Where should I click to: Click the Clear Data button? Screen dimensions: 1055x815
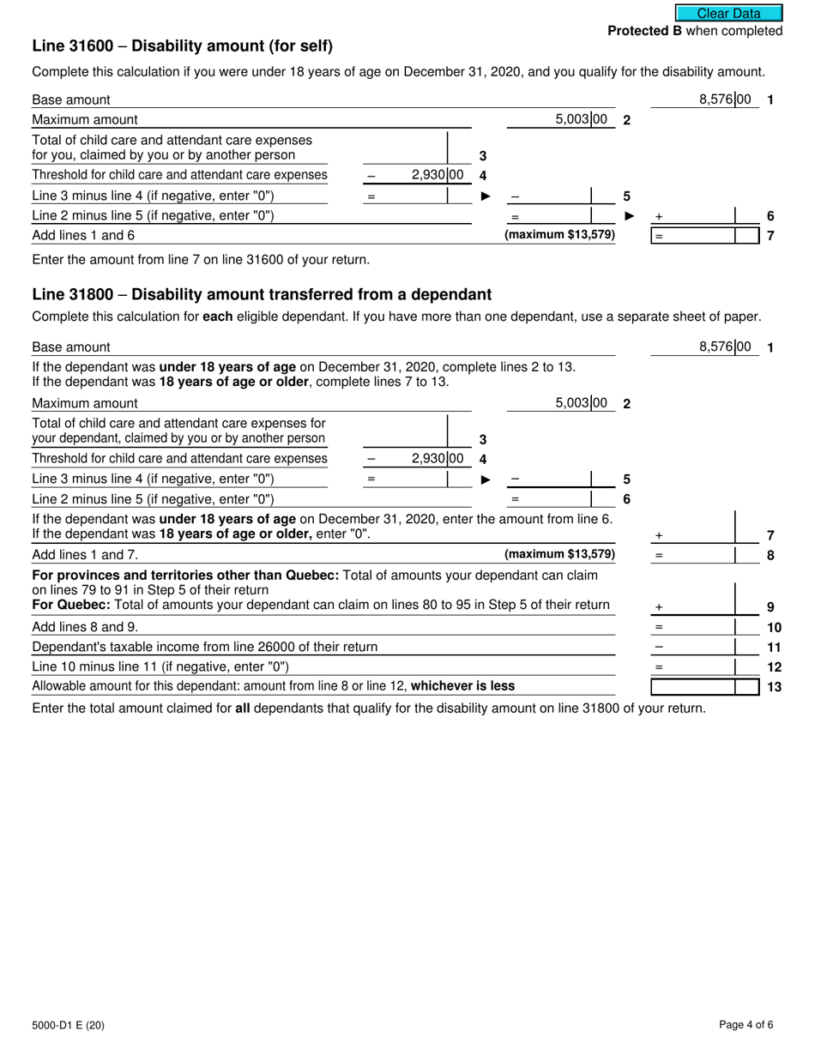(x=728, y=13)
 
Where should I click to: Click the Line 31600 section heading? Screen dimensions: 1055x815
(x=182, y=46)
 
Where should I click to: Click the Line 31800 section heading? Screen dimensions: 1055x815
(x=262, y=295)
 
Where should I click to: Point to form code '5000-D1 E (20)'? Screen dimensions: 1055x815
(x=69, y=1025)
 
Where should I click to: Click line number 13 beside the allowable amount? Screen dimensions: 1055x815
(x=774, y=686)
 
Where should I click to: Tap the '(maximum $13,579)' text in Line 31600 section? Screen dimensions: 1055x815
(x=559, y=234)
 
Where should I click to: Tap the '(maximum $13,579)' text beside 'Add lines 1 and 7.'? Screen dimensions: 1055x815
(x=559, y=554)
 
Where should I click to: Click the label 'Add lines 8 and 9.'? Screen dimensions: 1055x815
(x=84, y=627)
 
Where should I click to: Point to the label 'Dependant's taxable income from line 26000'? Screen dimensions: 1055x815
(x=204, y=647)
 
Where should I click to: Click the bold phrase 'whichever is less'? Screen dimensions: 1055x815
(x=463, y=685)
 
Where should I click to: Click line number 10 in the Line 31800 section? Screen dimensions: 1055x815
(x=774, y=627)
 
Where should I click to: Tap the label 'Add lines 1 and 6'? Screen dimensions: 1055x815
(x=83, y=235)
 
